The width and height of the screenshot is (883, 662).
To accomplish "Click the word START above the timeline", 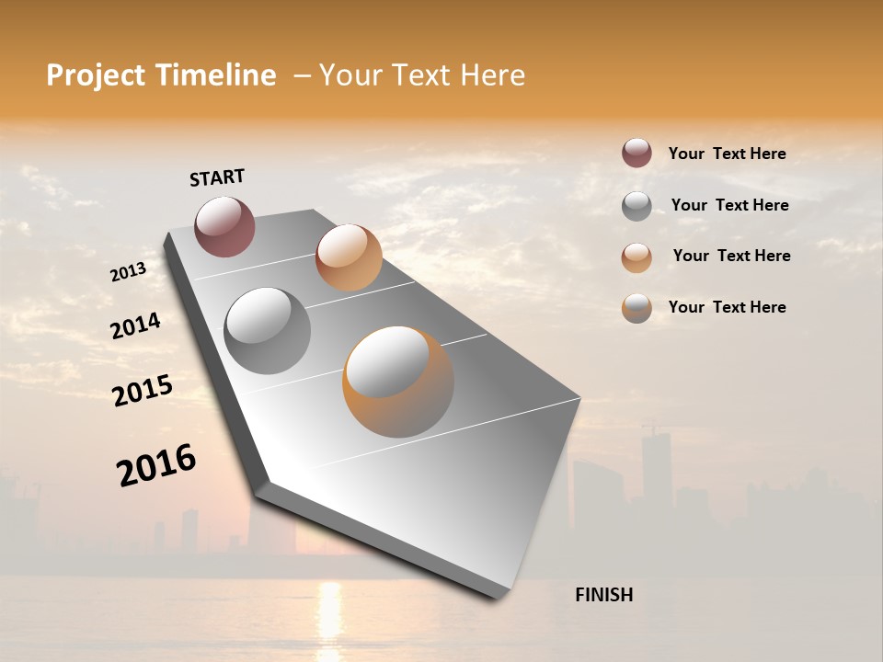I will point(217,177).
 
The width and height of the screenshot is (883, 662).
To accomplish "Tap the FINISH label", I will point(603,595).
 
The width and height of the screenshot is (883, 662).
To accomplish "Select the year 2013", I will point(129,271).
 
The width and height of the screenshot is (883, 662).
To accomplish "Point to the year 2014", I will point(135,325).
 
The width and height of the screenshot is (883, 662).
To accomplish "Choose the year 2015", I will point(143,391).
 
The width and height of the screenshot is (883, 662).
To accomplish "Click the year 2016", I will point(156,464).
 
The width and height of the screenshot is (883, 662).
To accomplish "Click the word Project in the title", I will point(95,75).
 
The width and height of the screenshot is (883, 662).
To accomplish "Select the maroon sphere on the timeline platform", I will point(224,226).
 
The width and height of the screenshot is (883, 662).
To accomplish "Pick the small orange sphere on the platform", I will point(349,257).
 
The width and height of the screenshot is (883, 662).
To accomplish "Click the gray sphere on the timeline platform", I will point(268,331).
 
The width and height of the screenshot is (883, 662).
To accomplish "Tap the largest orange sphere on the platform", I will point(398,382).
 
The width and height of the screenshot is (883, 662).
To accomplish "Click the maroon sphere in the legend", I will point(636,153).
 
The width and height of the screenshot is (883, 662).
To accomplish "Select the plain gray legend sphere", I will point(636,206).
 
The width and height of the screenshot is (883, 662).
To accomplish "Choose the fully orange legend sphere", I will point(636,257).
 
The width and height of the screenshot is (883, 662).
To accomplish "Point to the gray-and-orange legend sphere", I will point(636,308).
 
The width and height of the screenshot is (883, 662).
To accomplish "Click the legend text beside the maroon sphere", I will point(727,154).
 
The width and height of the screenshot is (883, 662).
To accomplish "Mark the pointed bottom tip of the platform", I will point(498,598).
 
